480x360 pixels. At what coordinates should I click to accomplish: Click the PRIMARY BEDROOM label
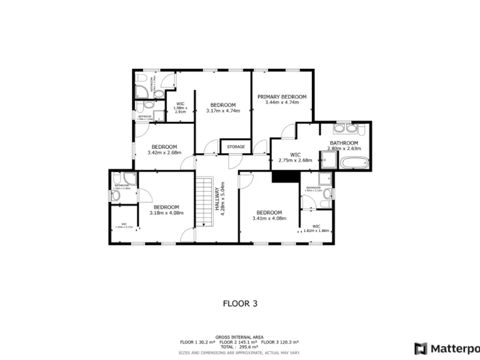click(282, 97)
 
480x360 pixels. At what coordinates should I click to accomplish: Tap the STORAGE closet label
click(236, 147)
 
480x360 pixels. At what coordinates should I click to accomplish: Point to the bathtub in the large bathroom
click(354, 163)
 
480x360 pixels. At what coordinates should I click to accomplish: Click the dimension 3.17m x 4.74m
click(222, 111)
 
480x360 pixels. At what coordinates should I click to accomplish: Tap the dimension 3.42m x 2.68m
click(164, 152)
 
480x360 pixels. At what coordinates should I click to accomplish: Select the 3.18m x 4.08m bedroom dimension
click(166, 213)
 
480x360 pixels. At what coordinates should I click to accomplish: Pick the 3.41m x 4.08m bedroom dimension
click(269, 218)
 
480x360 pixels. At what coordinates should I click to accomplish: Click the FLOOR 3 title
click(240, 304)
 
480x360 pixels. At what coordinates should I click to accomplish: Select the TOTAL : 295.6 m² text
click(239, 347)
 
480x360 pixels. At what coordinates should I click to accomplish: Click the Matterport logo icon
click(421, 347)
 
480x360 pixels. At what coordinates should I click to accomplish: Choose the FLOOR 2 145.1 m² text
click(239, 342)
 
